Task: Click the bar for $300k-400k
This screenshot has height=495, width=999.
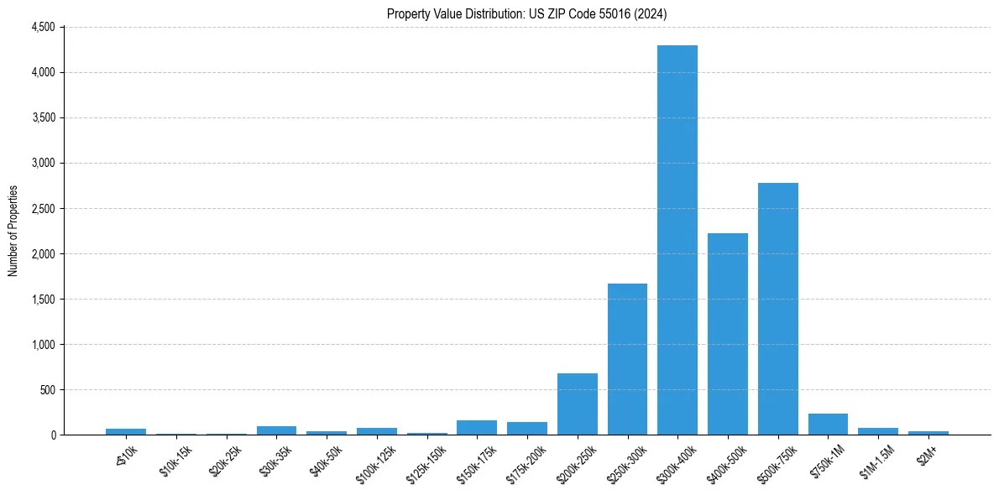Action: click(677, 240)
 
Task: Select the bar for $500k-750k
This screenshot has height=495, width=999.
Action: click(778, 309)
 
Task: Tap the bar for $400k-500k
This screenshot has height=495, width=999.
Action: click(728, 334)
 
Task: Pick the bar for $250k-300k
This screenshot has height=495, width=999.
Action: click(627, 359)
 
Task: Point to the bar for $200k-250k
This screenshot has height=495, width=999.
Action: click(578, 404)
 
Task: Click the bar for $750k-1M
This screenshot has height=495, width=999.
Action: click(828, 424)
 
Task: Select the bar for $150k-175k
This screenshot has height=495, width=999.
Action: click(477, 427)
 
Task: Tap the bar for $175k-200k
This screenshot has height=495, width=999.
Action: click(527, 428)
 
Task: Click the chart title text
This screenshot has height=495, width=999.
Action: click(527, 13)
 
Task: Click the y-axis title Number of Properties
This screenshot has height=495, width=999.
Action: click(13, 231)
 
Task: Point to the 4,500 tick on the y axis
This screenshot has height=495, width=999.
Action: click(43, 27)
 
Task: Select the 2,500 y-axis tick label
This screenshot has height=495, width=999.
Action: click(43, 208)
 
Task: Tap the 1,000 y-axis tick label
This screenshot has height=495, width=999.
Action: click(43, 344)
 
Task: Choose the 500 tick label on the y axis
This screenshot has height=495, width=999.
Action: click(47, 389)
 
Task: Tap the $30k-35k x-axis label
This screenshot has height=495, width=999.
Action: click(275, 456)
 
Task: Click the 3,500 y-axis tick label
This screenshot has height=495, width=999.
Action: click(43, 117)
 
